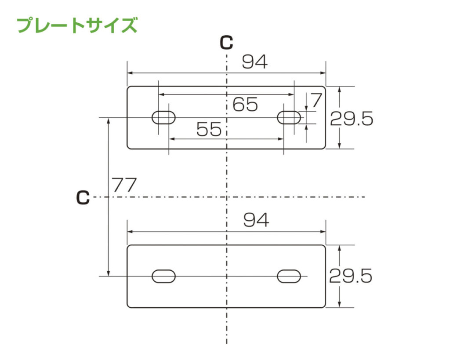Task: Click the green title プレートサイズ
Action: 77,25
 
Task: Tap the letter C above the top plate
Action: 226,43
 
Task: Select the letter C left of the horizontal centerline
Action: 83,197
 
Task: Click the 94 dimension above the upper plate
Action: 255,62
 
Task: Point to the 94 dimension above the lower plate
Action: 256,220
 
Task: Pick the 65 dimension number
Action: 245,104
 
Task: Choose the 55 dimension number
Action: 209,129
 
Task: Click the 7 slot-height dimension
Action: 316,100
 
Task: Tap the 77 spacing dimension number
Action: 124,185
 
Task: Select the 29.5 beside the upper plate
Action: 352,119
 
